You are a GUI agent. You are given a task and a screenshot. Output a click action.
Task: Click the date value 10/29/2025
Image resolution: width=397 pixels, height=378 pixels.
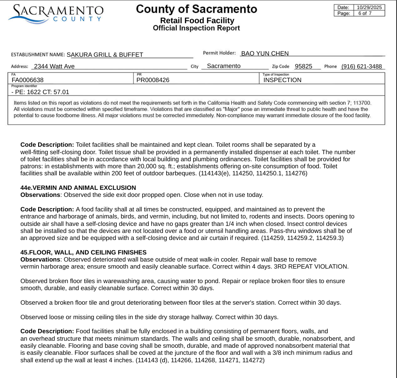[x=370, y=7]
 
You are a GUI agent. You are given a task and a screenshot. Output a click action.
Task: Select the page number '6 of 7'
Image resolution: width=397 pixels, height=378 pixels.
[x=365, y=13]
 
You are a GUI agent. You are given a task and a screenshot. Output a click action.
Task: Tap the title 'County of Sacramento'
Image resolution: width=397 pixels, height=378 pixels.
[x=196, y=9]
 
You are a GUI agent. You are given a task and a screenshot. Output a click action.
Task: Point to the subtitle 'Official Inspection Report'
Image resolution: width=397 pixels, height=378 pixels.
[x=196, y=28]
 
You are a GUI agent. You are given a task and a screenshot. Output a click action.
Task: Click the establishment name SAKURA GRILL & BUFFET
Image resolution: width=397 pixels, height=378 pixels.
[x=105, y=54]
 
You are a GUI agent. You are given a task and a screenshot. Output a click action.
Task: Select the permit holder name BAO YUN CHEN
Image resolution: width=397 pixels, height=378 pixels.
[x=265, y=53]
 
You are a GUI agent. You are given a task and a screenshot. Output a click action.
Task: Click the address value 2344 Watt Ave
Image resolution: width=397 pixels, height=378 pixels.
[x=54, y=66]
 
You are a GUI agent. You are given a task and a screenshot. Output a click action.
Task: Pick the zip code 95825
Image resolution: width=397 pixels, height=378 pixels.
[x=303, y=66]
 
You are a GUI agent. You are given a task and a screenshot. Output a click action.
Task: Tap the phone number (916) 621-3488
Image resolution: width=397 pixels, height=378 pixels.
[x=361, y=66]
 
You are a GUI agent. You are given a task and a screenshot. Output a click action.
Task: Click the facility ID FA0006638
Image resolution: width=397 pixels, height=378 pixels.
[x=28, y=80]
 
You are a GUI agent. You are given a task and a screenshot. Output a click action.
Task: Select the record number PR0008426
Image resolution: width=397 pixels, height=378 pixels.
[x=153, y=80]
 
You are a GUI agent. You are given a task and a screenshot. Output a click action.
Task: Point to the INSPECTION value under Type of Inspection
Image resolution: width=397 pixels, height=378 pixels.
[x=283, y=80]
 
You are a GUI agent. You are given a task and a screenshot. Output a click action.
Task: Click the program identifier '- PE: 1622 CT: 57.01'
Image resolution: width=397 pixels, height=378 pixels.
[x=40, y=92]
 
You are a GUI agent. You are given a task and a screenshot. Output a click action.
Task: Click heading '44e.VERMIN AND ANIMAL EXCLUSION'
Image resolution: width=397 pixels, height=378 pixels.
[x=78, y=188]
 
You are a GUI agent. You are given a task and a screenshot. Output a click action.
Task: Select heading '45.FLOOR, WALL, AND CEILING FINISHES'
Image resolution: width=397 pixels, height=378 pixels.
[x=83, y=252]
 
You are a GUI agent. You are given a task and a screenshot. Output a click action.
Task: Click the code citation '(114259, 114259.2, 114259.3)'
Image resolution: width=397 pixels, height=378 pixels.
[x=302, y=238]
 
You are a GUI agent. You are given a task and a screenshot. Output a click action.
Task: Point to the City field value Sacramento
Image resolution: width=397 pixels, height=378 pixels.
[x=223, y=66]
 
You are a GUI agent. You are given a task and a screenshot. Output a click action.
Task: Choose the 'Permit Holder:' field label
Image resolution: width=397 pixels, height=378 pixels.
[x=219, y=53]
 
